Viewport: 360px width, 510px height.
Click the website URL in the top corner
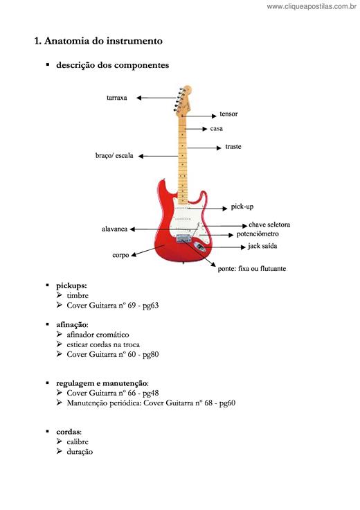coord(312,6)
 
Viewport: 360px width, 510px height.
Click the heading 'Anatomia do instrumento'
coord(103,41)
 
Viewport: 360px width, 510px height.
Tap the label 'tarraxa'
coord(116,98)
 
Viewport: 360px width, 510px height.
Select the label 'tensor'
coord(228,114)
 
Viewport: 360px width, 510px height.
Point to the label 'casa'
coord(217,128)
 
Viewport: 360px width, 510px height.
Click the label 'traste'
coord(233,147)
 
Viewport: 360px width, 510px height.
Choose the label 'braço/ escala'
coord(114,156)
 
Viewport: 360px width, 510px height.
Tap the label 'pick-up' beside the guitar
coord(242,207)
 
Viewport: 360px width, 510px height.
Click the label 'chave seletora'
coord(269,225)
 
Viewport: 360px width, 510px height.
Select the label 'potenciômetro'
coord(258,234)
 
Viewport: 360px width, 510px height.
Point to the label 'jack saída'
coord(262,246)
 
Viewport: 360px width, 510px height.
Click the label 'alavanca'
coord(114,229)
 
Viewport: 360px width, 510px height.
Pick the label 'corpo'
coord(120,255)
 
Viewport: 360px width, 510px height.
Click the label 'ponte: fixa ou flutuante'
coord(252,269)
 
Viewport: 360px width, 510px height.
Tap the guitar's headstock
coord(183,100)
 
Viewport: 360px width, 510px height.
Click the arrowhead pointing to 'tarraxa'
coord(138,98)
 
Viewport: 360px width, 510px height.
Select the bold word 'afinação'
coord(71,325)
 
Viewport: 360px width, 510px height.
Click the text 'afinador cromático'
coord(98,335)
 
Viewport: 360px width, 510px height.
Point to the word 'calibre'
coord(78,441)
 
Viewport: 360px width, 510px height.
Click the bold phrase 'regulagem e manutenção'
coord(102,383)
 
